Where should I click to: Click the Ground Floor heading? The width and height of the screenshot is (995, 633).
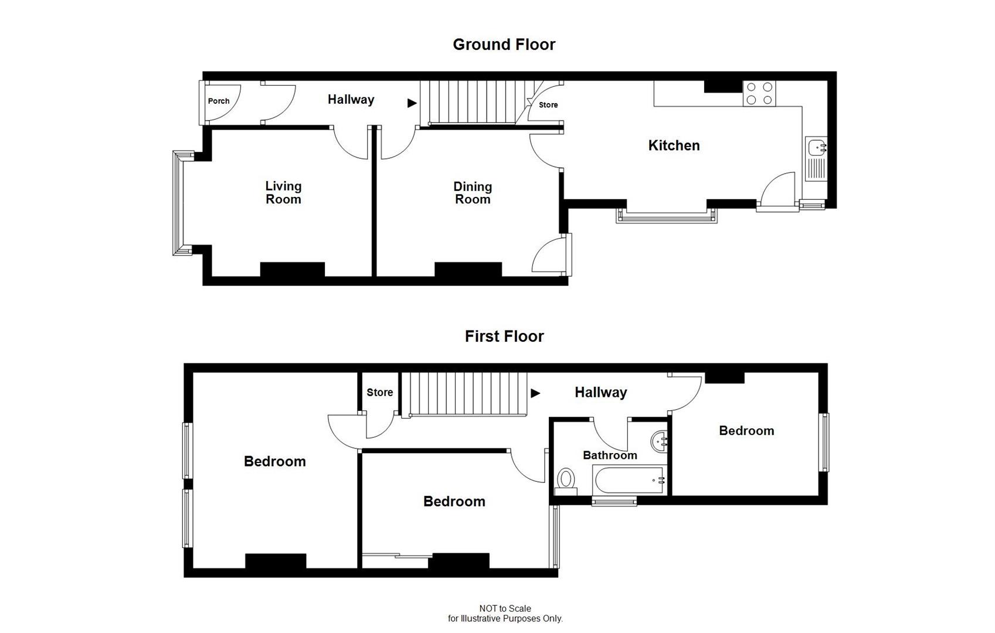504,45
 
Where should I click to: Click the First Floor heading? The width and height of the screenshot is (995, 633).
504,336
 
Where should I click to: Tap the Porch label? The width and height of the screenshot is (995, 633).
219,101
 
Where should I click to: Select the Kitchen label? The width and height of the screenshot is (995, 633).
674,145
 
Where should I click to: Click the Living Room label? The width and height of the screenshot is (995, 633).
283,192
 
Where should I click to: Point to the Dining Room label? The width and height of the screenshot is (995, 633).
473,193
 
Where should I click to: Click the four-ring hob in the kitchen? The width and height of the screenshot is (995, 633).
759,94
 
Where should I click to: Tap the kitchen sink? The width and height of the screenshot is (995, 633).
816,147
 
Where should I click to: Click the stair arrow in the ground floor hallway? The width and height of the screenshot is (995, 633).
412,103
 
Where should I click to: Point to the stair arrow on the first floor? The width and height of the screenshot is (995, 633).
535,393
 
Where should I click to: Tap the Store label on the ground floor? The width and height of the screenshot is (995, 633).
548,105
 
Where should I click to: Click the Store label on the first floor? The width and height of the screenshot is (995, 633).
379,393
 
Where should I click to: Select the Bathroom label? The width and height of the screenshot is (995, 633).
610,455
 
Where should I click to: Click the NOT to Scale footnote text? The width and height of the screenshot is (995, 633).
505,608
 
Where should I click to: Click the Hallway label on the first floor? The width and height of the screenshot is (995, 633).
600,392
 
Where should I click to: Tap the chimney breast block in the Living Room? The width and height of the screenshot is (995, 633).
292,270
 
